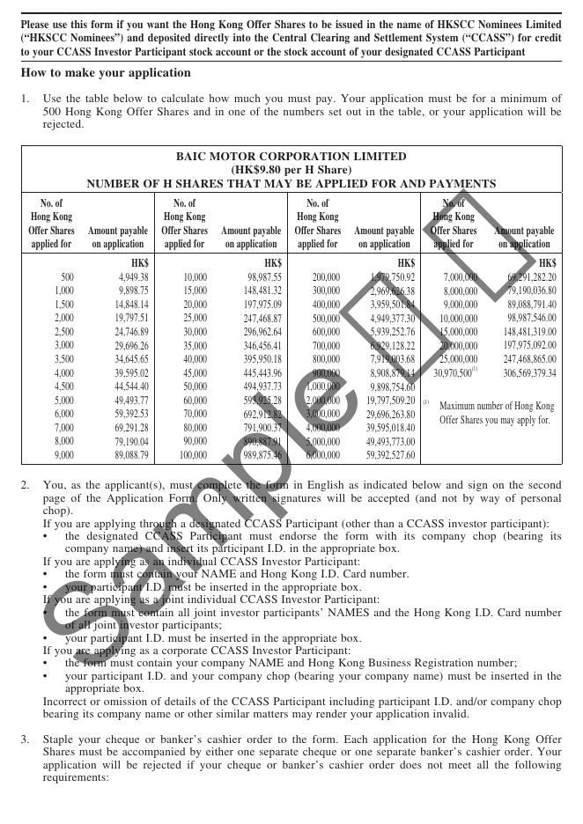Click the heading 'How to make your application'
106,73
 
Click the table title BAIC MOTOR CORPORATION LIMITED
291,157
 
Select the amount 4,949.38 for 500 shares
133,277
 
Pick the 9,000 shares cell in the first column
64,455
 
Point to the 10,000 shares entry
195,277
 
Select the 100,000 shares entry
192,455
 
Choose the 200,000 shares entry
326,277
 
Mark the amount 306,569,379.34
519,372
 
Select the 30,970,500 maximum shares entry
453,372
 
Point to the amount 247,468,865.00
519,359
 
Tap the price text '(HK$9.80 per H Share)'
291,170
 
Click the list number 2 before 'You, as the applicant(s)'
26,485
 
